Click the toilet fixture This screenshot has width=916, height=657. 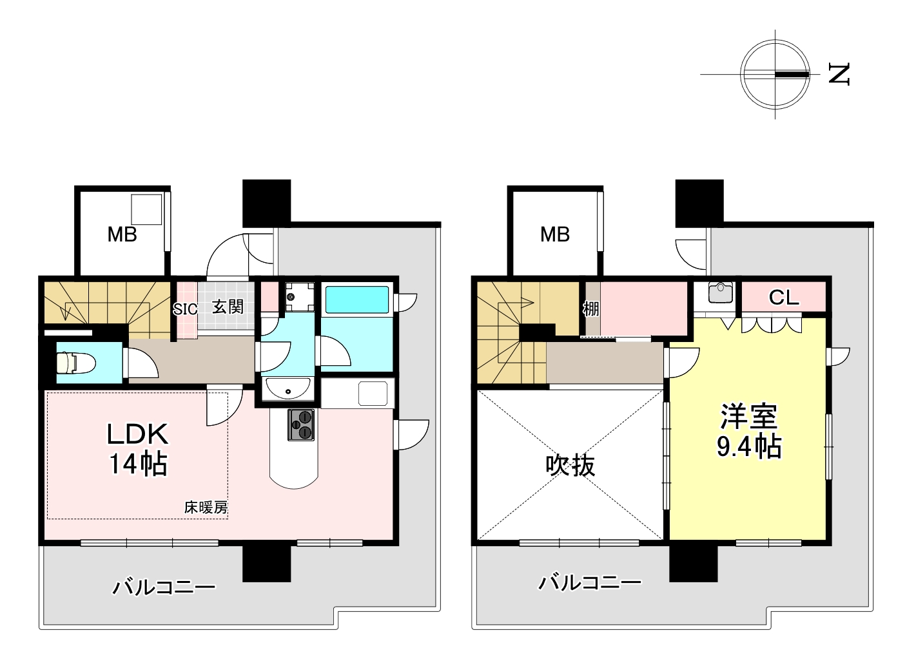point(76,363)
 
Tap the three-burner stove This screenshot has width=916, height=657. point(301,425)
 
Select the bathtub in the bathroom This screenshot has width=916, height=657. point(357,300)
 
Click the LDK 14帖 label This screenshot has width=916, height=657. point(137,449)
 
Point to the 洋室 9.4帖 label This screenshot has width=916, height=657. point(749,431)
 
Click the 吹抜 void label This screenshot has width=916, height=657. point(570,465)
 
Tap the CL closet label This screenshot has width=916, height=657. point(784,298)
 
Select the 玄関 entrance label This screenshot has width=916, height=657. point(228,307)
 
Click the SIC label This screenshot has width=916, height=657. point(185,309)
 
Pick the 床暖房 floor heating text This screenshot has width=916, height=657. point(206,508)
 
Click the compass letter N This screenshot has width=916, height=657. point(839,74)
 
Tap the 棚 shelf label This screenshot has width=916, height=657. point(591,309)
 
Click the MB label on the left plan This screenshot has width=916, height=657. point(122,234)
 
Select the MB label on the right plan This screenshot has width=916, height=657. point(555,234)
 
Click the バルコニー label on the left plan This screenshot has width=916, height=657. point(164,588)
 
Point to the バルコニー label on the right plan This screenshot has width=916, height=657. point(590,583)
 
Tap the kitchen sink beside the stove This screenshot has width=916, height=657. point(373,394)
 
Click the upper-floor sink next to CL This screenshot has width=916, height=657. point(721,293)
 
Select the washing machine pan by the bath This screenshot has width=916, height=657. point(300,297)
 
